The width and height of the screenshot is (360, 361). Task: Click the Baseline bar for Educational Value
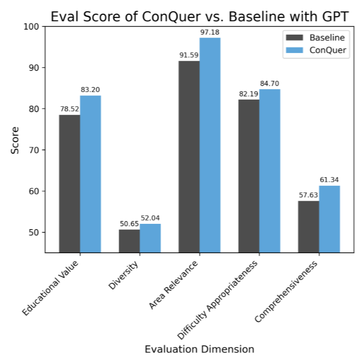(69, 183)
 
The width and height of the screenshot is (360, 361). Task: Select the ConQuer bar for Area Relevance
(210, 145)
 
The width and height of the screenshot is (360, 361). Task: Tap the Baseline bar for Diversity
(129, 241)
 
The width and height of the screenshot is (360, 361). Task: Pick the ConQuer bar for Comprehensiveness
(329, 219)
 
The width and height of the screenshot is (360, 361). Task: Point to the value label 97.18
(210, 32)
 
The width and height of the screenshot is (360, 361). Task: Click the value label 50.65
(129, 224)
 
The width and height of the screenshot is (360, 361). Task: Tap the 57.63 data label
(308, 195)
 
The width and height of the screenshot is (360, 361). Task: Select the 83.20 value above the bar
(91, 90)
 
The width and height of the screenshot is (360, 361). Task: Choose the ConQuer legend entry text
(328, 51)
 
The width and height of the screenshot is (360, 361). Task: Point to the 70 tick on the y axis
(35, 150)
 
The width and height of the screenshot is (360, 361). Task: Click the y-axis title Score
(15, 140)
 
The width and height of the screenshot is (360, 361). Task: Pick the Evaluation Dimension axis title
(200, 349)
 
